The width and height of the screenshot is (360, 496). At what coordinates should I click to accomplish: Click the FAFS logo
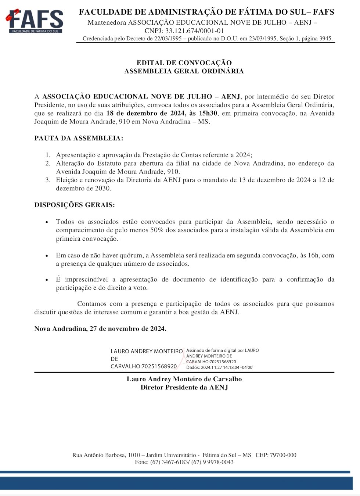point(35,21)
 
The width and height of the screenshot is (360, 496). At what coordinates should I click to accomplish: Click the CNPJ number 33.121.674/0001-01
point(194,31)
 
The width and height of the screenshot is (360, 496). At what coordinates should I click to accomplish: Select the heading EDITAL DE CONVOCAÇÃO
point(184,63)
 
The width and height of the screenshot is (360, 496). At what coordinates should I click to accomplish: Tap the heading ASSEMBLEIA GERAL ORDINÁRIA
point(184,71)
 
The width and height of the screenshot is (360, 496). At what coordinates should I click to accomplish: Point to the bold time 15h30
point(208,113)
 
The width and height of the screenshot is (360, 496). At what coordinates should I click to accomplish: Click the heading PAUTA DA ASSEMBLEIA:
point(79,139)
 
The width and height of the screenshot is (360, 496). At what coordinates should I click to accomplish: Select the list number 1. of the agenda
point(48,155)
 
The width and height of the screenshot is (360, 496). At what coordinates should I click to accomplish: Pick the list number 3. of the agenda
point(48,180)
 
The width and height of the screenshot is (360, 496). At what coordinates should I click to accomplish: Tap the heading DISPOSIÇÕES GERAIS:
point(75,205)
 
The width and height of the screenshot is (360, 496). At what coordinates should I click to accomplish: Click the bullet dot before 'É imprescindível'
point(47,280)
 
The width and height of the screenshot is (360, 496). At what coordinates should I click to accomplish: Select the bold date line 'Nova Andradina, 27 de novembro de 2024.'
point(100,329)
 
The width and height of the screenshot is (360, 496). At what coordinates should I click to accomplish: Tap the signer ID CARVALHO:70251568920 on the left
point(144,366)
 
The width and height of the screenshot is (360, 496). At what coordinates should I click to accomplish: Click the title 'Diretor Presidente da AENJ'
point(184,388)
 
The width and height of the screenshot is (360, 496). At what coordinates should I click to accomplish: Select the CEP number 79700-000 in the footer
point(283,455)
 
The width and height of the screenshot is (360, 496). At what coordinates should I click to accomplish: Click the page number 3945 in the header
point(325,39)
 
